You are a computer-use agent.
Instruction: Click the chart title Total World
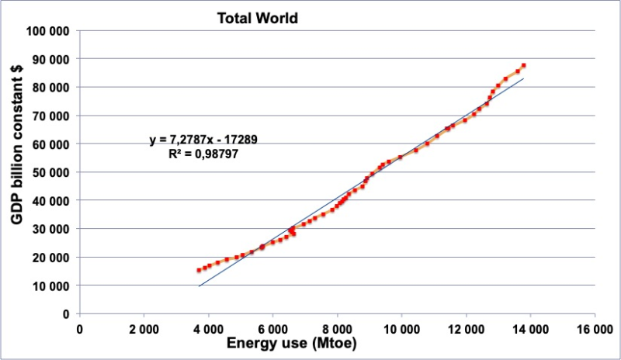(257, 18)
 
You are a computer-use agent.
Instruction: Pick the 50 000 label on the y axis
(49, 172)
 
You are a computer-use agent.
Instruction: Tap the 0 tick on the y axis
(67, 313)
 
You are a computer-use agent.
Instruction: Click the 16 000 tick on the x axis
(595, 328)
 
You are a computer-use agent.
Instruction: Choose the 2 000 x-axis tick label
(144, 328)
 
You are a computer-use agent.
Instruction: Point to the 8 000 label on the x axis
(337, 328)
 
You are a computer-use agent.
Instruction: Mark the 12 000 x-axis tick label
(467, 328)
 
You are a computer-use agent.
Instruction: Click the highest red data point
(524, 65)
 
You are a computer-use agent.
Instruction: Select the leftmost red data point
(199, 270)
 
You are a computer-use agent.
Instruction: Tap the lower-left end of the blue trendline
(199, 286)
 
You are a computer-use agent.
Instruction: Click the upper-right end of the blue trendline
(524, 78)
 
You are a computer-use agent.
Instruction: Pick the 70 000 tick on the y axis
(49, 116)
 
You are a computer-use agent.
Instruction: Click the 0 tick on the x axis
(79, 328)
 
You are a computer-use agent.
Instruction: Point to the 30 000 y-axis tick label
(49, 229)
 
